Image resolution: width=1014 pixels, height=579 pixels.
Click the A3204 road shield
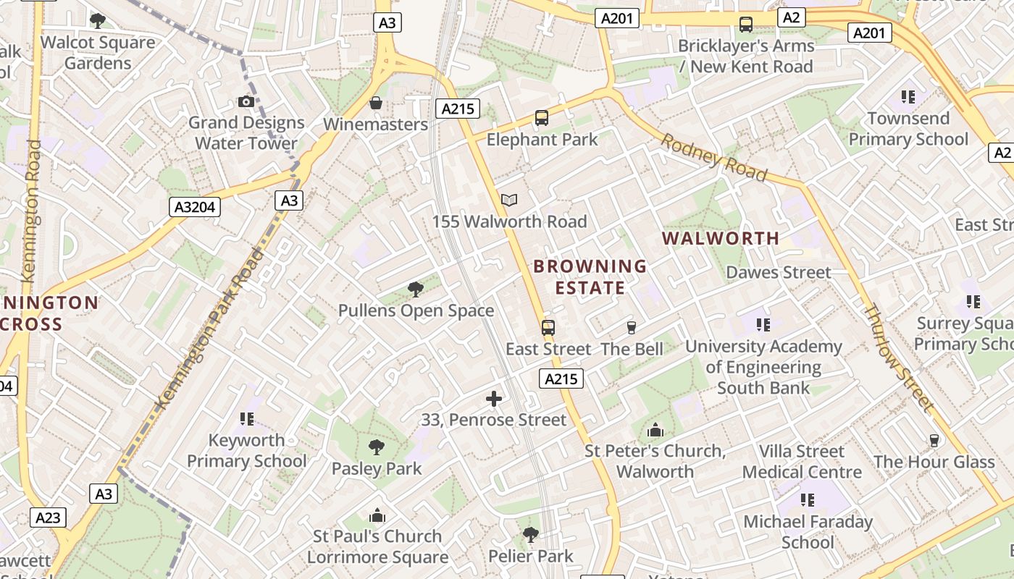[196, 207]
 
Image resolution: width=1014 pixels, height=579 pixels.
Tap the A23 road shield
[49, 517]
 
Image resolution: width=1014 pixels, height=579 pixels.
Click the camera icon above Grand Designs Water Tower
[246, 102]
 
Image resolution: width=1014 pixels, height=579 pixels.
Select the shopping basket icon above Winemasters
[376, 103]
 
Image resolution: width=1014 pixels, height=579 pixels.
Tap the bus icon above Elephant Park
[541, 118]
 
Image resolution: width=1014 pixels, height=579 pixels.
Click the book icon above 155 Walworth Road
[509, 200]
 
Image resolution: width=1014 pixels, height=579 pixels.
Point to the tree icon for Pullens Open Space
[416, 289]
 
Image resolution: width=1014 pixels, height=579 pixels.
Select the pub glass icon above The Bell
[631, 328]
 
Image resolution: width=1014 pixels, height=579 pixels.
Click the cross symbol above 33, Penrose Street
[494, 399]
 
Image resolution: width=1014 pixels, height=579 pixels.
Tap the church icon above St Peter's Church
[655, 431]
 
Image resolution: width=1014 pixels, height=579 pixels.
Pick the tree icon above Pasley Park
[376, 447]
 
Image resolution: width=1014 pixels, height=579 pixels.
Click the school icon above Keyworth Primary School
[246, 419]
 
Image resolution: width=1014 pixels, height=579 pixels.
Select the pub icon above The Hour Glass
[934, 440]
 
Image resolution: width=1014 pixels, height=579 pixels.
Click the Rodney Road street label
[713, 157]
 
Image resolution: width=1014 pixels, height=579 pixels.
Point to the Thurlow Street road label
[897, 358]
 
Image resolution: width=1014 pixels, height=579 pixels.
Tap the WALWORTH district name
[721, 238]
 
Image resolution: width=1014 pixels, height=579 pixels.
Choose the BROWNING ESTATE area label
[590, 277]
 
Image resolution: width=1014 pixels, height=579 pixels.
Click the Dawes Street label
[779, 272]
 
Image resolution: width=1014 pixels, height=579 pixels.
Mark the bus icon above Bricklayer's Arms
[746, 25]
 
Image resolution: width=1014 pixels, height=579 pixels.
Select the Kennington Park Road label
[210, 329]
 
